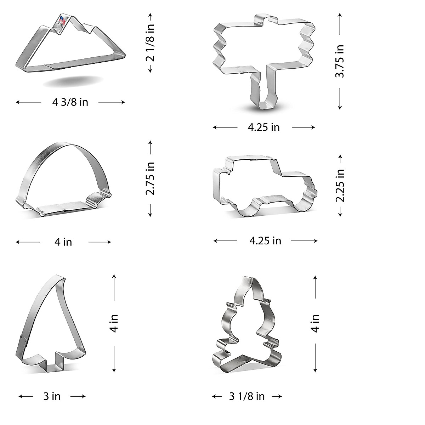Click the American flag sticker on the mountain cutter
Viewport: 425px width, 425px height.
pos(62,21)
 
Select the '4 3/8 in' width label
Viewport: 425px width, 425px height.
pos(70,102)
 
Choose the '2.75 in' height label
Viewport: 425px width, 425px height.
pos(150,178)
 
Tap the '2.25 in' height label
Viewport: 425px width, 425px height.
pos(340,185)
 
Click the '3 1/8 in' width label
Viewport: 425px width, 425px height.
pos(247,396)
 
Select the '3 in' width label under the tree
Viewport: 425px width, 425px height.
pos(52,396)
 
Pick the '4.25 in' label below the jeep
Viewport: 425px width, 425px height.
pos(265,241)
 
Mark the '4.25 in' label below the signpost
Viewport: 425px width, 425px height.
pos(263,127)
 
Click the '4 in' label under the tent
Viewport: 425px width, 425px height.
pos(63,242)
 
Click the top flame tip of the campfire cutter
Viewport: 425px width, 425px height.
pos(248,280)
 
